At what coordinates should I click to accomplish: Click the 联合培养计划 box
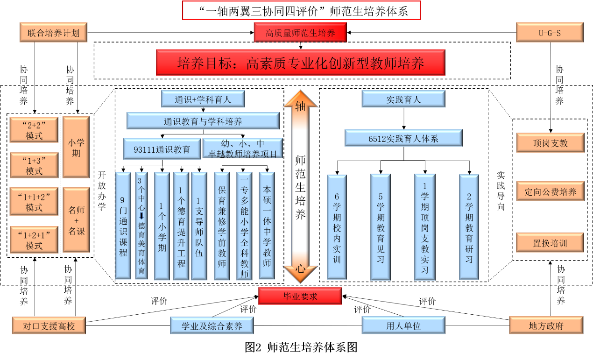coord(53,33)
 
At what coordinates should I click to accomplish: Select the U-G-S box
coord(550,33)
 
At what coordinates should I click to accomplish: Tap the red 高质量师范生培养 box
coord(300,33)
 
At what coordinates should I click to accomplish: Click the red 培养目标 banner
coord(300,63)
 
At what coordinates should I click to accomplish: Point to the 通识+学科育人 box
coord(203,99)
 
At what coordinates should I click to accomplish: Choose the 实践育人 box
coord(403,99)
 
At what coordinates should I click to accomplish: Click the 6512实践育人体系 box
coord(403,138)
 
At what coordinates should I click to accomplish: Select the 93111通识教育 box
coord(162,149)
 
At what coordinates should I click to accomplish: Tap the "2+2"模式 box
coord(34,130)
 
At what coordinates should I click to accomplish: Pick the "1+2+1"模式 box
coord(34,240)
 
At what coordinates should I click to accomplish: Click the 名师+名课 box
coord(76,220)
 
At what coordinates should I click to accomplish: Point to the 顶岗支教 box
coord(550,142)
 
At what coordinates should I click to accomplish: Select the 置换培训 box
coord(550,243)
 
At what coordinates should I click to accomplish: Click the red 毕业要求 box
coord(300,296)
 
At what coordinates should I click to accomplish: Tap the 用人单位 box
coord(403,325)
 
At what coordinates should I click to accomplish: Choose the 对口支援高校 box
coord(49,325)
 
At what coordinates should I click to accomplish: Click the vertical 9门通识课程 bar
coord(123,226)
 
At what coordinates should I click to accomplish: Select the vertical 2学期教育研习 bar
coord(469,227)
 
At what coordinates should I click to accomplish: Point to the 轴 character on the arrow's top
coord(300,106)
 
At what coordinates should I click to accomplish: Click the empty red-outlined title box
coord(301,10)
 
